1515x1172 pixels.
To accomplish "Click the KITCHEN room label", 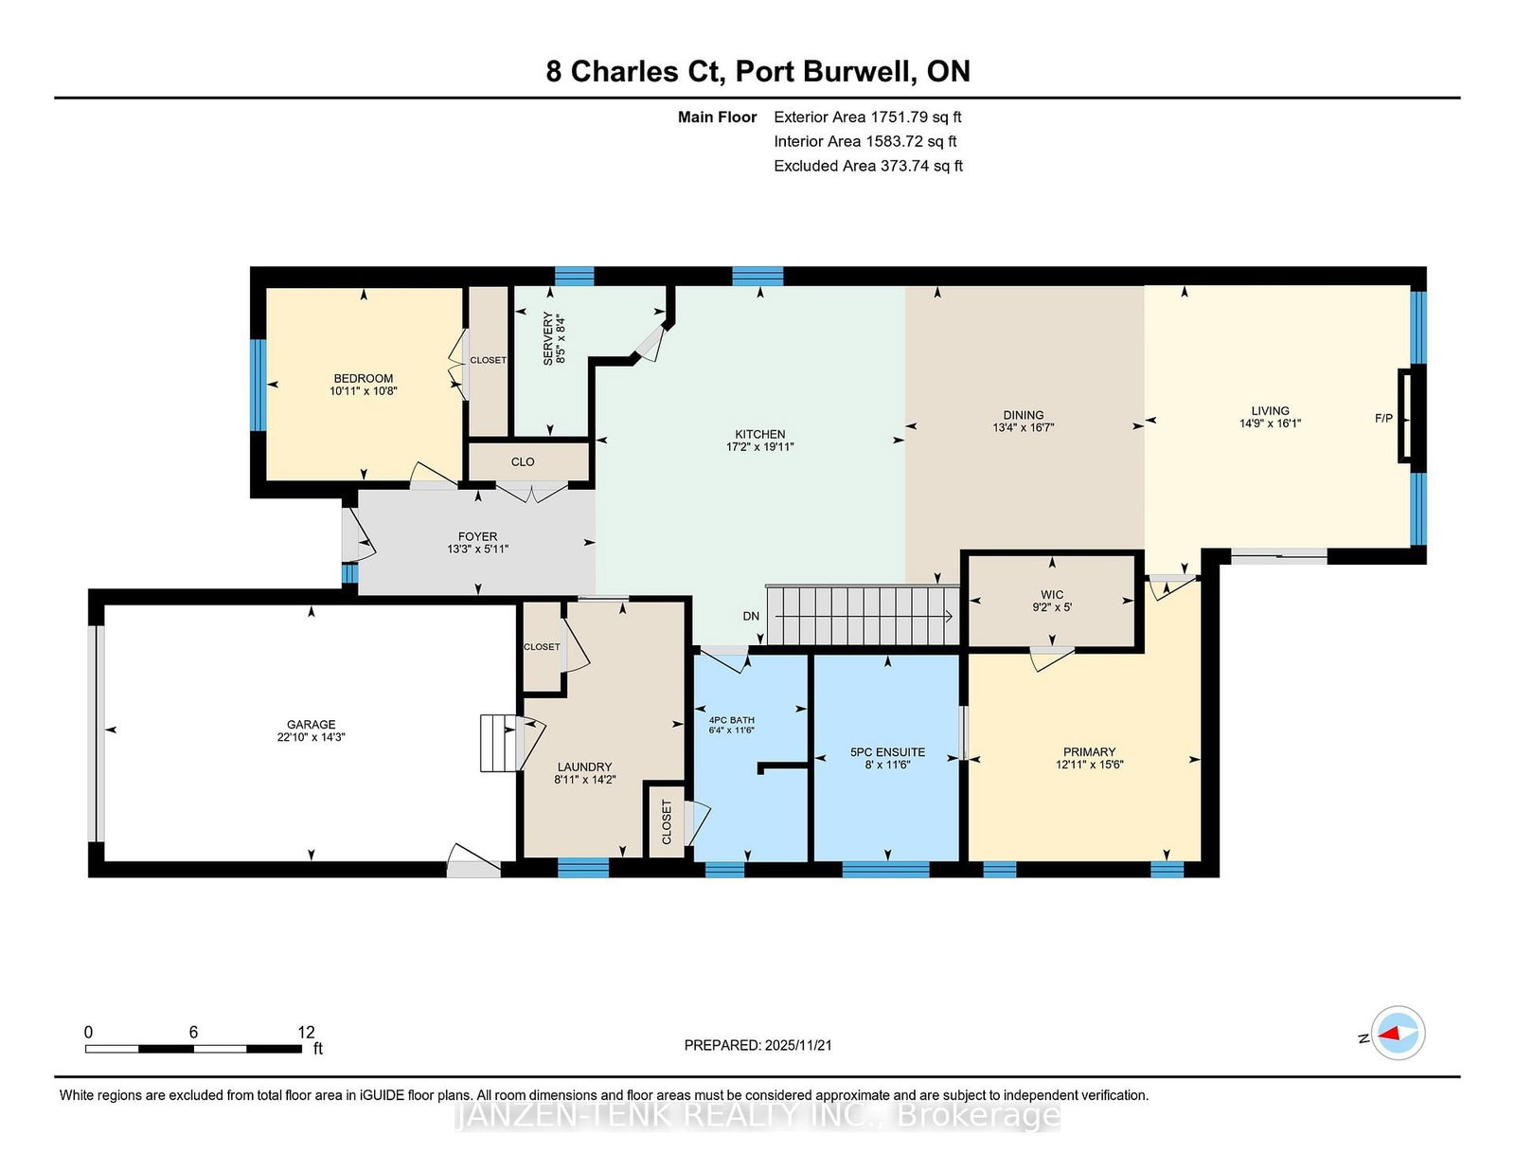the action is (x=760, y=434).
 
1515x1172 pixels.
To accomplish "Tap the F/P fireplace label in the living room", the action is (x=1383, y=419).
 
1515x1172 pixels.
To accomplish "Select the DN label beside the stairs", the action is (x=751, y=616).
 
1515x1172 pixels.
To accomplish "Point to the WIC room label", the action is (x=1052, y=594).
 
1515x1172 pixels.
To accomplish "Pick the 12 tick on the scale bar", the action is (x=306, y=1033).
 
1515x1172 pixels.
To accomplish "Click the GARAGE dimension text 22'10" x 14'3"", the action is (x=311, y=737).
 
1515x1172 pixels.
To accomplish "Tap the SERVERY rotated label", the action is (x=548, y=338).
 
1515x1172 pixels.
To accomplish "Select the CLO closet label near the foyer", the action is (x=522, y=461).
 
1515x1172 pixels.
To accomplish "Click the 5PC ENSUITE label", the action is (x=887, y=752).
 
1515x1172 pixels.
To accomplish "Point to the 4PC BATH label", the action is (x=731, y=720).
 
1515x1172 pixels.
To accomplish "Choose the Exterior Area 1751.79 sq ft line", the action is (x=867, y=117).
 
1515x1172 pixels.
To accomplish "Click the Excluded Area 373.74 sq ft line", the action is (x=868, y=166).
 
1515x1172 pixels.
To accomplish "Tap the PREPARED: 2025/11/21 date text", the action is (x=757, y=1045).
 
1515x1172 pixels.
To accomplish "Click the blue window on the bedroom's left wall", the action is (x=258, y=385).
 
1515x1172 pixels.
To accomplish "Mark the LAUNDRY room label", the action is (x=584, y=766).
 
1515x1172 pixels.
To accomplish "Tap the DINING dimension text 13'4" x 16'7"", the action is (x=1023, y=427).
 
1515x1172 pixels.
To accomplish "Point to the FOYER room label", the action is (x=477, y=536).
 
